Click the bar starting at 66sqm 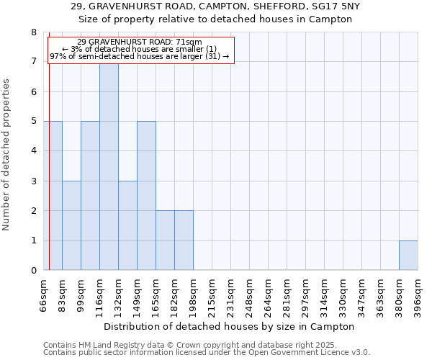(x=53, y=196)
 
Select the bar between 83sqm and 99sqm (x=71, y=225)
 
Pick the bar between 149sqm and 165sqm (x=146, y=196)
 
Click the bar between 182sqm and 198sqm (x=184, y=240)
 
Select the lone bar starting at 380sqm (x=408, y=256)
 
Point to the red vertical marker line (x=49, y=158)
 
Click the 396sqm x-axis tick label (x=418, y=294)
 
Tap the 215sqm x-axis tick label (x=212, y=294)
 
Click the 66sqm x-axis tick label (x=43, y=294)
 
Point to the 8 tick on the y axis (x=33, y=32)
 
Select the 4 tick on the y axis (x=33, y=151)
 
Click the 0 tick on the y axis (x=33, y=271)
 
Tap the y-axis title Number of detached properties (x=7, y=155)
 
